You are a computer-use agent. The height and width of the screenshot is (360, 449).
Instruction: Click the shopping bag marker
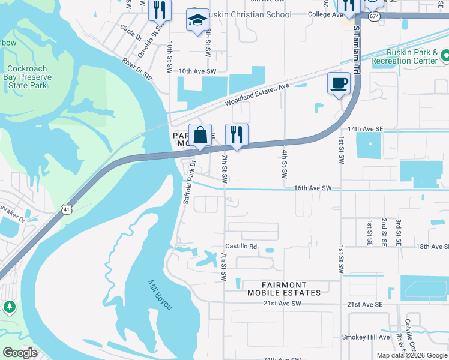pos(200,136)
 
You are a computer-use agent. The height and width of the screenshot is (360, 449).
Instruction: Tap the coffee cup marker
pos(339,83)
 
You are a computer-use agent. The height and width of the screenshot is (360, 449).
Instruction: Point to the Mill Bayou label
pos(160,295)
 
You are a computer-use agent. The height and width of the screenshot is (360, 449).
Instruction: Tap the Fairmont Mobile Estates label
pos(284,289)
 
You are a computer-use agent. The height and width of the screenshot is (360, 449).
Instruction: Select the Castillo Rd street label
pos(241,247)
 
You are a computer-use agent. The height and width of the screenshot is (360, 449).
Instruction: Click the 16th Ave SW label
pos(313,188)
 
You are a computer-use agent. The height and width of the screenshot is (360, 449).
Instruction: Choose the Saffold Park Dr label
pos(189,182)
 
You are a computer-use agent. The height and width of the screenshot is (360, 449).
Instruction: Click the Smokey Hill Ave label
pos(366,337)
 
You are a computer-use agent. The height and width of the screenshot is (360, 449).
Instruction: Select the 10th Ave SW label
pos(196,71)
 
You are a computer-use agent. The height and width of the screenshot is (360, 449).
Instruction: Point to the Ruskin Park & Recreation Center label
pos(405,56)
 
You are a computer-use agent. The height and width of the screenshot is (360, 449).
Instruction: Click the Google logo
pos(20,353)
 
